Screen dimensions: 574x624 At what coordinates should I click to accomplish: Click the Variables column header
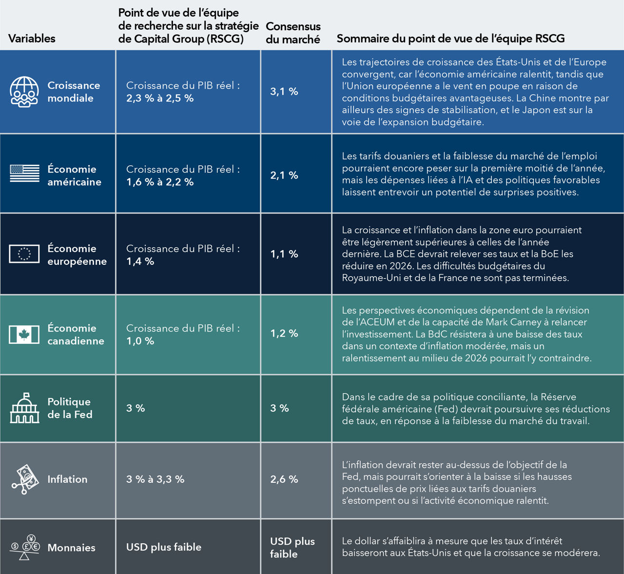pos(32,39)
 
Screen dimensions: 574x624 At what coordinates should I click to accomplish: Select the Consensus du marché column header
pos(293,33)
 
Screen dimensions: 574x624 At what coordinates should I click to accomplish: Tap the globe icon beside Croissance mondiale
pos(24,92)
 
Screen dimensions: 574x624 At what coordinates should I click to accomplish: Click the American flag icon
pos(24,173)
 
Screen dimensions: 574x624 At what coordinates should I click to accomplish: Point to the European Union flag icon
pos(24,254)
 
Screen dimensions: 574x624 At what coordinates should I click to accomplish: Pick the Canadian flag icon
pos(24,335)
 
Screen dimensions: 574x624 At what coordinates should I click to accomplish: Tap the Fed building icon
pos(24,408)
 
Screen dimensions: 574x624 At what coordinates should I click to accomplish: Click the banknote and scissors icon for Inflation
pos(25,479)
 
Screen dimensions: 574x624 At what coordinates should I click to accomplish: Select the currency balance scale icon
pos(25,547)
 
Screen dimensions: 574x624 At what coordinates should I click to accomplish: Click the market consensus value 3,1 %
pos(284,92)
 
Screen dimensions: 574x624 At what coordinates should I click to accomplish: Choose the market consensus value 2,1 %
pos(284,176)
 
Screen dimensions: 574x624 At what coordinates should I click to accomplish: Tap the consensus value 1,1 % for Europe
pos(284,254)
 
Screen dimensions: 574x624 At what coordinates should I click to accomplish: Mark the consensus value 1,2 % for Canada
pos(284,334)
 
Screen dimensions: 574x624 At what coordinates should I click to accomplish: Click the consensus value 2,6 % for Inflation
pos(284,479)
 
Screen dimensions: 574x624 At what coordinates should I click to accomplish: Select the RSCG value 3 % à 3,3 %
pos(155,479)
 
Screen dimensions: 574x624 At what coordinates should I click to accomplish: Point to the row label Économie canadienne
pos(76,335)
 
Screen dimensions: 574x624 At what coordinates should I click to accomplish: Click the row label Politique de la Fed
pos(70,408)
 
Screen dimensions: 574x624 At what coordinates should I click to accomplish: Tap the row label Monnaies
pos(71,548)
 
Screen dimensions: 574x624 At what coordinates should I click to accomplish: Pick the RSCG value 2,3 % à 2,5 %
pos(160,98)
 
